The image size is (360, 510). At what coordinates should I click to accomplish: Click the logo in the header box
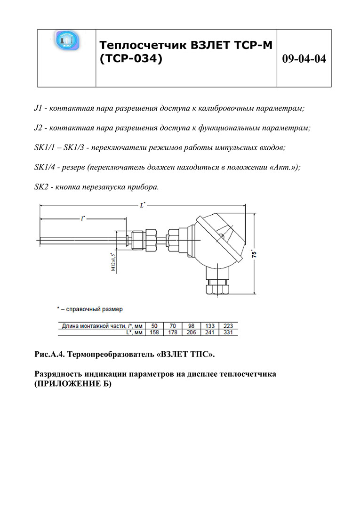67,41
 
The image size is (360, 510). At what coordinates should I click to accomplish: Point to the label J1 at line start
39,108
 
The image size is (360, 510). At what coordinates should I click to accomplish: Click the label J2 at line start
39,128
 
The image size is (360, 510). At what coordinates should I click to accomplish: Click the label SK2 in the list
41,186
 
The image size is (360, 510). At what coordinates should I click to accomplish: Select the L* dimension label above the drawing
143,205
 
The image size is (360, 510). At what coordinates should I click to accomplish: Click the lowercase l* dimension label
83,218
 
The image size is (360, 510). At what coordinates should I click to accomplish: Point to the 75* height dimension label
254,253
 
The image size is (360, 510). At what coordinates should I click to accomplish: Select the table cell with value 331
228,332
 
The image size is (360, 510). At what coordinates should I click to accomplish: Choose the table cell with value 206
191,332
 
